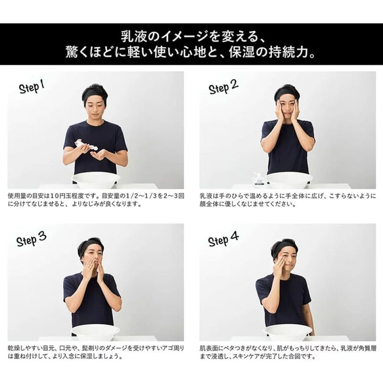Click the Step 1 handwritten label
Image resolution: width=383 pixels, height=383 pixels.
click(32, 87)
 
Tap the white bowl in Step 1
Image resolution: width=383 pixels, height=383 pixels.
click(96, 180)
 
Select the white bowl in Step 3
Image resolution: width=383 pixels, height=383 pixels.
click(96, 332)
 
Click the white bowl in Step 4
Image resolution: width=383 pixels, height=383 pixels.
click(287, 332)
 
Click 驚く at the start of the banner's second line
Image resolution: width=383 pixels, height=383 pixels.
click(75, 52)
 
